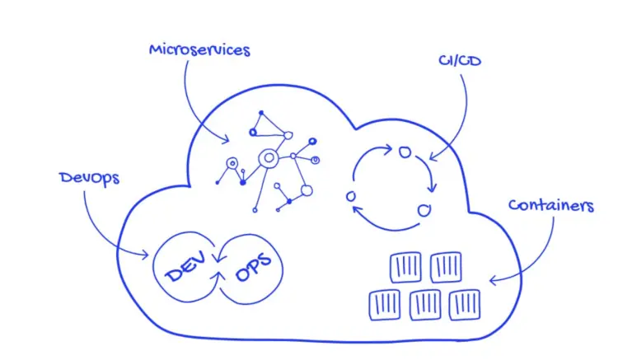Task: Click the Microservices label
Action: [x=199, y=49]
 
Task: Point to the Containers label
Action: [x=550, y=205]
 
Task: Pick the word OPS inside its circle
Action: [x=252, y=272]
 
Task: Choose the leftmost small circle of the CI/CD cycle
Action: [x=351, y=196]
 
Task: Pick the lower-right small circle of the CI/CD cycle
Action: [x=424, y=211]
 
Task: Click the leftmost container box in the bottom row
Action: [x=384, y=306]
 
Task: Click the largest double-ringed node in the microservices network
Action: [x=267, y=158]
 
